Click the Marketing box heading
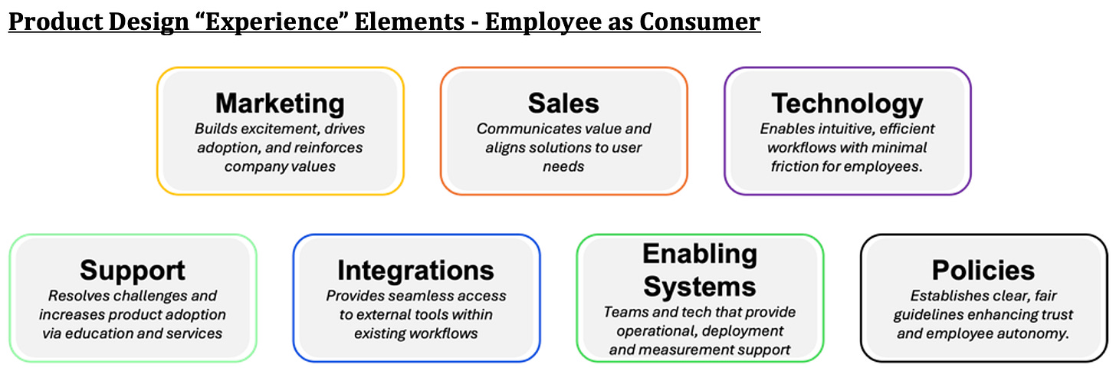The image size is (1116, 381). click(x=280, y=103)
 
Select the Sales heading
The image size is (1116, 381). click(x=563, y=103)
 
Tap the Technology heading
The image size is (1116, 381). click(x=847, y=103)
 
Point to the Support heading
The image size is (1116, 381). click(x=133, y=271)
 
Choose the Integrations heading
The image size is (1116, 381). click(x=416, y=271)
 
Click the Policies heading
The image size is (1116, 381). click(x=983, y=270)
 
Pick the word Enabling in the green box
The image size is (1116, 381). click(x=700, y=254)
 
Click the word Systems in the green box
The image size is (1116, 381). click(x=700, y=287)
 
